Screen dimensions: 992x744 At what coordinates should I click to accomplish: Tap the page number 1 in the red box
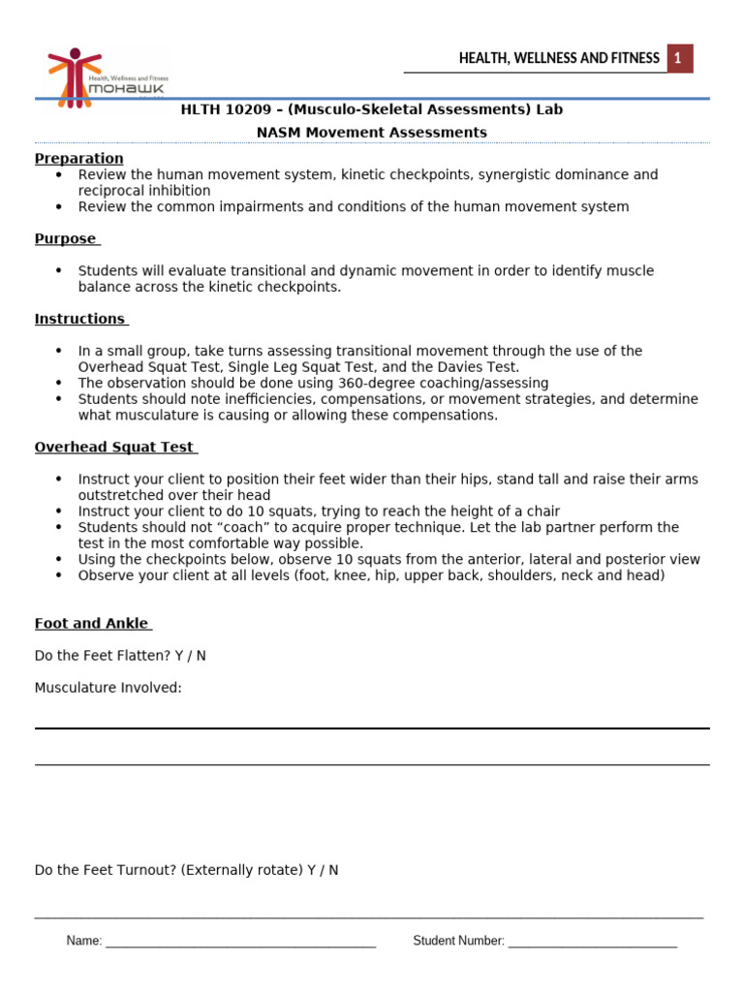pyautogui.click(x=679, y=59)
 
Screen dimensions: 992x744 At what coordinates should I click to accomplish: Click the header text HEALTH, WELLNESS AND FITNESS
pyautogui.click(x=559, y=59)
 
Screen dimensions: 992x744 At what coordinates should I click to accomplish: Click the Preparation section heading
pyautogui.click(x=79, y=159)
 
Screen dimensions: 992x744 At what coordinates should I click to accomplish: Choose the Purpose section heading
pyautogui.click(x=66, y=239)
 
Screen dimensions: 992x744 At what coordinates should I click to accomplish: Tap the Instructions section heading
pyautogui.click(x=80, y=320)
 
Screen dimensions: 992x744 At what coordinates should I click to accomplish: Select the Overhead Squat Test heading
pyautogui.click(x=114, y=448)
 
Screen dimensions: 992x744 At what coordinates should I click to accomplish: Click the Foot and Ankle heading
pyautogui.click(x=91, y=624)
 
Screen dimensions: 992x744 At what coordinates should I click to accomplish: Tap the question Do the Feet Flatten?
pyautogui.click(x=103, y=656)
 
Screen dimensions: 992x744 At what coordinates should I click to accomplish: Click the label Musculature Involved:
pyautogui.click(x=108, y=688)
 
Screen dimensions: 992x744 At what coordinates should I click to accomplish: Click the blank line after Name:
pyautogui.click(x=240, y=942)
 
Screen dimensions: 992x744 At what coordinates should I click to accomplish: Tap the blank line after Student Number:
pyautogui.click(x=592, y=942)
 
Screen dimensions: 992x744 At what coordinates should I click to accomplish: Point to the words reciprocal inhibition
pyautogui.click(x=144, y=191)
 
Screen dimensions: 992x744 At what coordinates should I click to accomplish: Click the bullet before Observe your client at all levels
pyautogui.click(x=59, y=575)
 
